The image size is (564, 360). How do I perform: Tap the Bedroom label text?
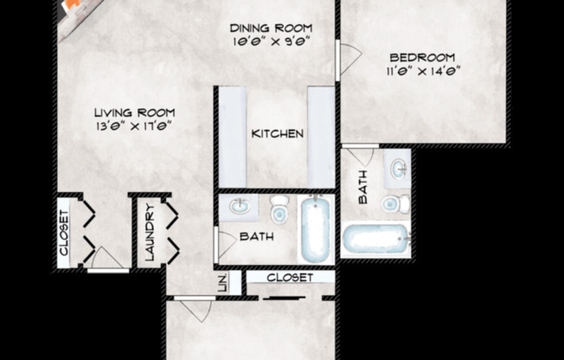pyautogui.click(x=420, y=58)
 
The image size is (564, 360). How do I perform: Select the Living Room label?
pyautogui.click(x=134, y=112)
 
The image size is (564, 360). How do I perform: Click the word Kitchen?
pyautogui.click(x=277, y=134)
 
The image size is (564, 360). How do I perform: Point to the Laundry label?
pyautogui.click(x=150, y=233)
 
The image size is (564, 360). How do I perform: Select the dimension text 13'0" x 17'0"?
pyautogui.click(x=134, y=125)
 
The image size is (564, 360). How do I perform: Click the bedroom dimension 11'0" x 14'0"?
pyautogui.click(x=420, y=71)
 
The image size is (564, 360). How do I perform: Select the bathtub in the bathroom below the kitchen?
pyautogui.click(x=316, y=228)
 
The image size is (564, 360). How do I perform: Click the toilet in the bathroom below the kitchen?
pyautogui.click(x=279, y=209)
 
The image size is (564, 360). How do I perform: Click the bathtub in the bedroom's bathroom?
pyautogui.click(x=375, y=239)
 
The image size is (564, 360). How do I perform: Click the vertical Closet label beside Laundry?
pyautogui.click(x=63, y=233)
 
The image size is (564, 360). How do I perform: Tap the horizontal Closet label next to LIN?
pyautogui.click(x=289, y=278)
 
